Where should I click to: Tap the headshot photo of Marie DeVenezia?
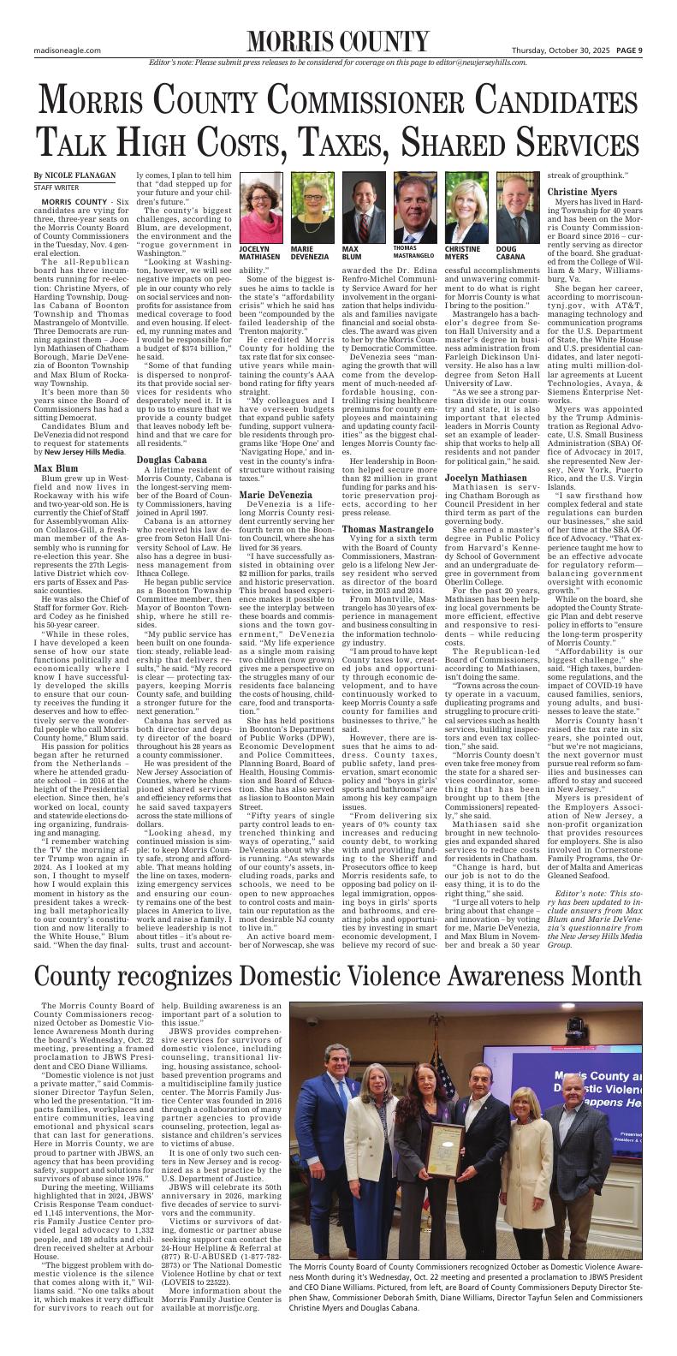click(306, 194)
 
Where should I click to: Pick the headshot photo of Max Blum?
click(358, 194)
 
